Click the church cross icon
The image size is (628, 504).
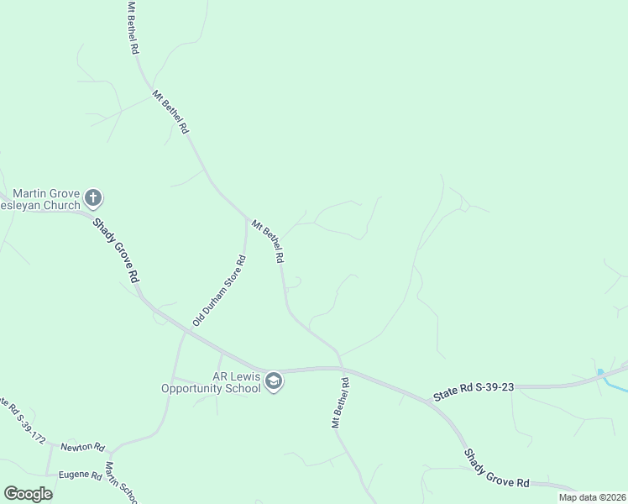93,199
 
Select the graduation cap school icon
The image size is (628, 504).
274,383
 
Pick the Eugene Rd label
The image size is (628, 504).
80,475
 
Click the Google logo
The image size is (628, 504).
28,493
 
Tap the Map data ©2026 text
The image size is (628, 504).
592,497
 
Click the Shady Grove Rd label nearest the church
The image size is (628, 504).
116,251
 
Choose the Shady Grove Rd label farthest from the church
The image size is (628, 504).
498,468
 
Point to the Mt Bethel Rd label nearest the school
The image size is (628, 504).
340,403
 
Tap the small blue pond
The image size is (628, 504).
599,371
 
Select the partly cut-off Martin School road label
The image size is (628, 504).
122,483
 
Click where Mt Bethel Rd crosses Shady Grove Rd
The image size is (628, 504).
341,367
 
